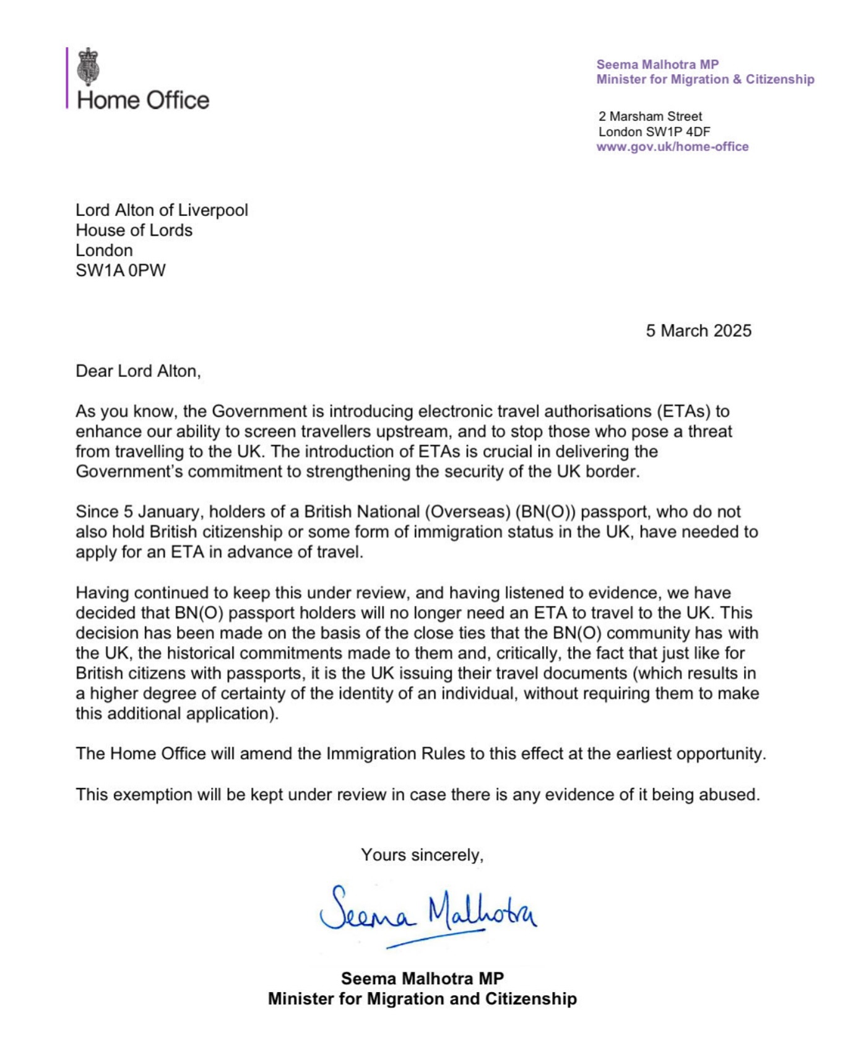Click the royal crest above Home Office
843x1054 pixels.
89,67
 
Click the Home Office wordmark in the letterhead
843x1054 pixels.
143,100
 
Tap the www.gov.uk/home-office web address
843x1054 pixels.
672,147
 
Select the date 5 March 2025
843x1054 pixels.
698,330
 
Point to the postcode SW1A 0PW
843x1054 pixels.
121,270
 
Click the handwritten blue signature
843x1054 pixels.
427,914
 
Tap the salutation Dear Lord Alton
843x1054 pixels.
138,371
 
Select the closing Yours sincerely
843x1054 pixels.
422,855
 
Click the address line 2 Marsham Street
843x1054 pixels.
650,116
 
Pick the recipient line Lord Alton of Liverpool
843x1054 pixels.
162,210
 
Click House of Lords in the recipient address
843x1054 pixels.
134,230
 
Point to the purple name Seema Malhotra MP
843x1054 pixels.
657,64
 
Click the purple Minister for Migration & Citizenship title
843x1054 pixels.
705,79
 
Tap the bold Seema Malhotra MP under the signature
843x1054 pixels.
422,978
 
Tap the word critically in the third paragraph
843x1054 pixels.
524,653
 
